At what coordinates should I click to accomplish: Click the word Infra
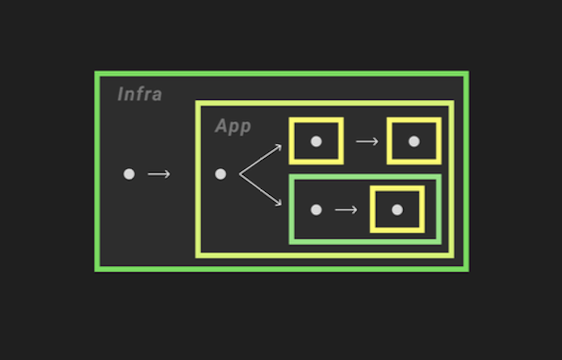click(140, 94)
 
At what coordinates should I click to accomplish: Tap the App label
click(233, 126)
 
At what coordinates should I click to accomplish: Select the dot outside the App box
click(129, 174)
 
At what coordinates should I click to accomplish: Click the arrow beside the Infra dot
click(159, 174)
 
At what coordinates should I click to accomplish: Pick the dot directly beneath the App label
click(220, 174)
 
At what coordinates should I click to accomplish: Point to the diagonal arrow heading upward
click(260, 160)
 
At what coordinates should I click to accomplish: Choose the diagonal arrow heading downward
click(260, 189)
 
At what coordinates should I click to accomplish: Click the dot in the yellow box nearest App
click(316, 141)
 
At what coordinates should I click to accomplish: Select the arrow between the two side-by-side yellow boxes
click(367, 141)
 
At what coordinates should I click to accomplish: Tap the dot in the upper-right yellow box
click(414, 141)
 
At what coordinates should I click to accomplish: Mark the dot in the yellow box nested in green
click(397, 209)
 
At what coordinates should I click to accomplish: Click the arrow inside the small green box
click(346, 210)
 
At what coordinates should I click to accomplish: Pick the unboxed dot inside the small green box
click(316, 210)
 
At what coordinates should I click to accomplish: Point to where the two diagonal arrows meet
click(240, 174)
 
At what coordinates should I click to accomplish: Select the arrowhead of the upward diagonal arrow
click(279, 147)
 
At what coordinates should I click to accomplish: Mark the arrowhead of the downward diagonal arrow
click(279, 203)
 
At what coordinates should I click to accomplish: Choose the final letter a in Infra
click(157, 95)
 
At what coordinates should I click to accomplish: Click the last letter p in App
click(245, 128)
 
